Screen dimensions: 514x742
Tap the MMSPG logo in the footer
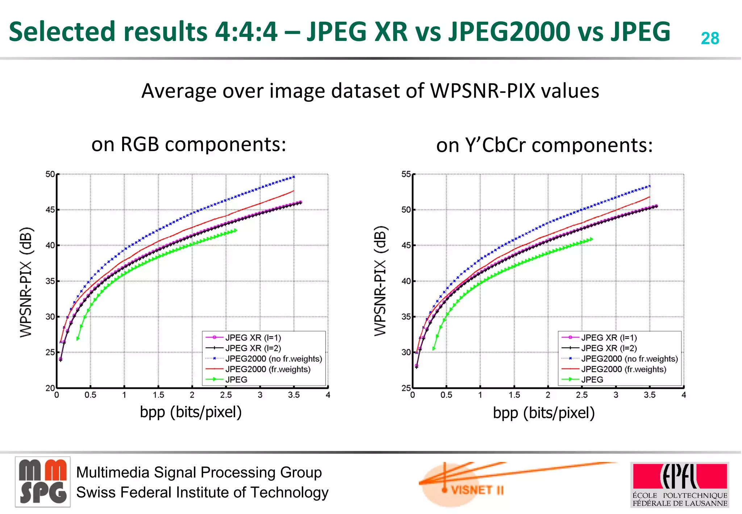43,482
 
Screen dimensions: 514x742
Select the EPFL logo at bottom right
680,484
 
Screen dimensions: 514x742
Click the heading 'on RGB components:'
189,144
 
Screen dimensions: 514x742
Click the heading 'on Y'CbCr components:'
544,145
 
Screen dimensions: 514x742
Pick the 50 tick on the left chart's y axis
50,174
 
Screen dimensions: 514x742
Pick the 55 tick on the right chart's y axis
406,174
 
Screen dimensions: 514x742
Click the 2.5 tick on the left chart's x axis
226,395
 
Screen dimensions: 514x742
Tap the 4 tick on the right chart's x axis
684,395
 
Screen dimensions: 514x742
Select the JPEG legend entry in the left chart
236,380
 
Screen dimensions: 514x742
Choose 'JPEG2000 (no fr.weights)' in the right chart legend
629,358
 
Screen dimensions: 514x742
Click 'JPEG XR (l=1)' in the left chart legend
253,337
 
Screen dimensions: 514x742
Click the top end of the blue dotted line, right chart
649,186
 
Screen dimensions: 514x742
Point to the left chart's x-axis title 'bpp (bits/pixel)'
191,412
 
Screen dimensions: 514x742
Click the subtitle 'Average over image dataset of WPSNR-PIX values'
370,91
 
